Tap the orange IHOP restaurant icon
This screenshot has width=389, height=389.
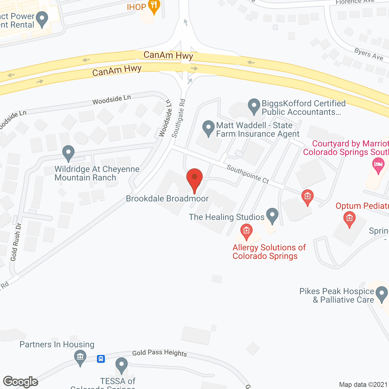pos(154,6)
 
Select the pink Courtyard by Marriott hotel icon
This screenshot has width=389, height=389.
pos(378,165)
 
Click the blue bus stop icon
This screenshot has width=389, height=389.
pos(101,359)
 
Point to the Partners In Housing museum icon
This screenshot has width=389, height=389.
pos(80,357)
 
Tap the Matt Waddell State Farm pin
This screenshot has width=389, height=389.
pos(208,128)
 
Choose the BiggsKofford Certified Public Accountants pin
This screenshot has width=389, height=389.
pos(254,106)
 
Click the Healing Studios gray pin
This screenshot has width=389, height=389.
pos(272,215)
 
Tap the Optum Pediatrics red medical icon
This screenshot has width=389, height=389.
pos(349,219)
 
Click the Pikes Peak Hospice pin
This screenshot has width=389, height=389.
pos(381,294)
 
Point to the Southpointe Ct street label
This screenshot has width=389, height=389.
pos(248,174)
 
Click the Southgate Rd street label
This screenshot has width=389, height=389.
pos(178,118)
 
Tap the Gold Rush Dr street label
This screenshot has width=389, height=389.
pos(15,242)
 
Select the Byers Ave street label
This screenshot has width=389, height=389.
pos(369,54)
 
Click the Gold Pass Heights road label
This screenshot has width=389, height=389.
pos(160,353)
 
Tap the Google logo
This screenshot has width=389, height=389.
pos(21,382)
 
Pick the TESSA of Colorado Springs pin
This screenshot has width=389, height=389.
pos(122,365)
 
